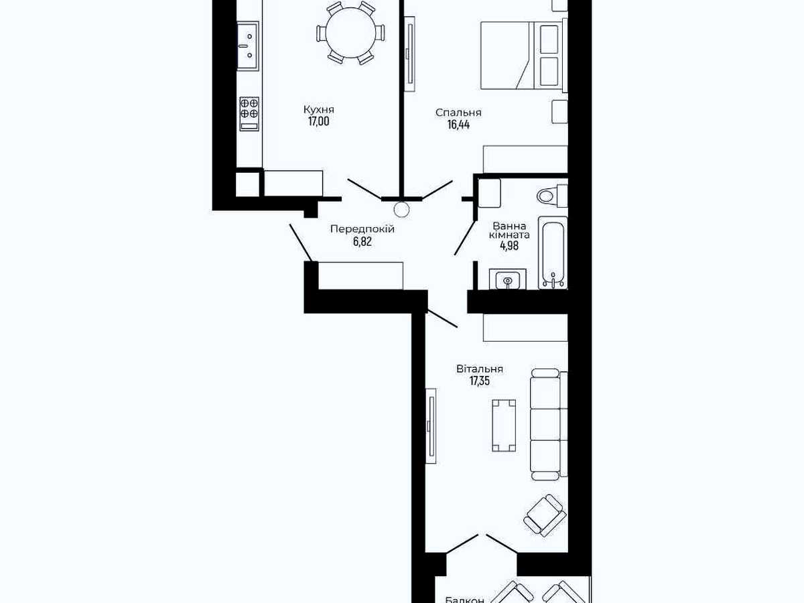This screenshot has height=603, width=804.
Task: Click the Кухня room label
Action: tap(319, 109)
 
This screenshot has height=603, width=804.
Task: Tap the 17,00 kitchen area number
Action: tap(319, 121)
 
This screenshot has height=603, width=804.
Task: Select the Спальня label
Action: tap(458, 113)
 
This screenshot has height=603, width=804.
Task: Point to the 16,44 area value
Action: tap(458, 125)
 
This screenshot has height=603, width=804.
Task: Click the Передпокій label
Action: tap(362, 230)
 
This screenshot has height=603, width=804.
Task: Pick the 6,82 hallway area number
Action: tap(362, 242)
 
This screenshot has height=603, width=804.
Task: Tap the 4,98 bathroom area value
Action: tap(509, 246)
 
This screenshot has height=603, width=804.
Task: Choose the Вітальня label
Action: tap(480, 369)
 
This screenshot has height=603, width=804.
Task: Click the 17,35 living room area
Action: tap(480, 381)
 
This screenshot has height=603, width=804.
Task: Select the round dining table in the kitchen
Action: tap(350, 33)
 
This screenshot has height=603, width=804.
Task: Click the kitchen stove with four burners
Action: tap(249, 114)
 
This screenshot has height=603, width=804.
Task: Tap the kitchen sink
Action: tap(248, 46)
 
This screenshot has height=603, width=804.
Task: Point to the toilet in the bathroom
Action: tap(552, 196)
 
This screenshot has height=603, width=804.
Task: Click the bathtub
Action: tap(553, 253)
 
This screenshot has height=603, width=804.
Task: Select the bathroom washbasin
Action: tap(508, 279)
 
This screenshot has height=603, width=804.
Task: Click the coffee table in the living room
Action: tap(504, 425)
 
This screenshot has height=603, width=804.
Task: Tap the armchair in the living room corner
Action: tap(545, 515)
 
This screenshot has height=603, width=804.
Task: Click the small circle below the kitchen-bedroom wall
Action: tap(401, 210)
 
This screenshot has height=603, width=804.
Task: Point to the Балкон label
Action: tap(465, 600)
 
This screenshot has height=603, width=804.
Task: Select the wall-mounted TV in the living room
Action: tap(431, 426)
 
